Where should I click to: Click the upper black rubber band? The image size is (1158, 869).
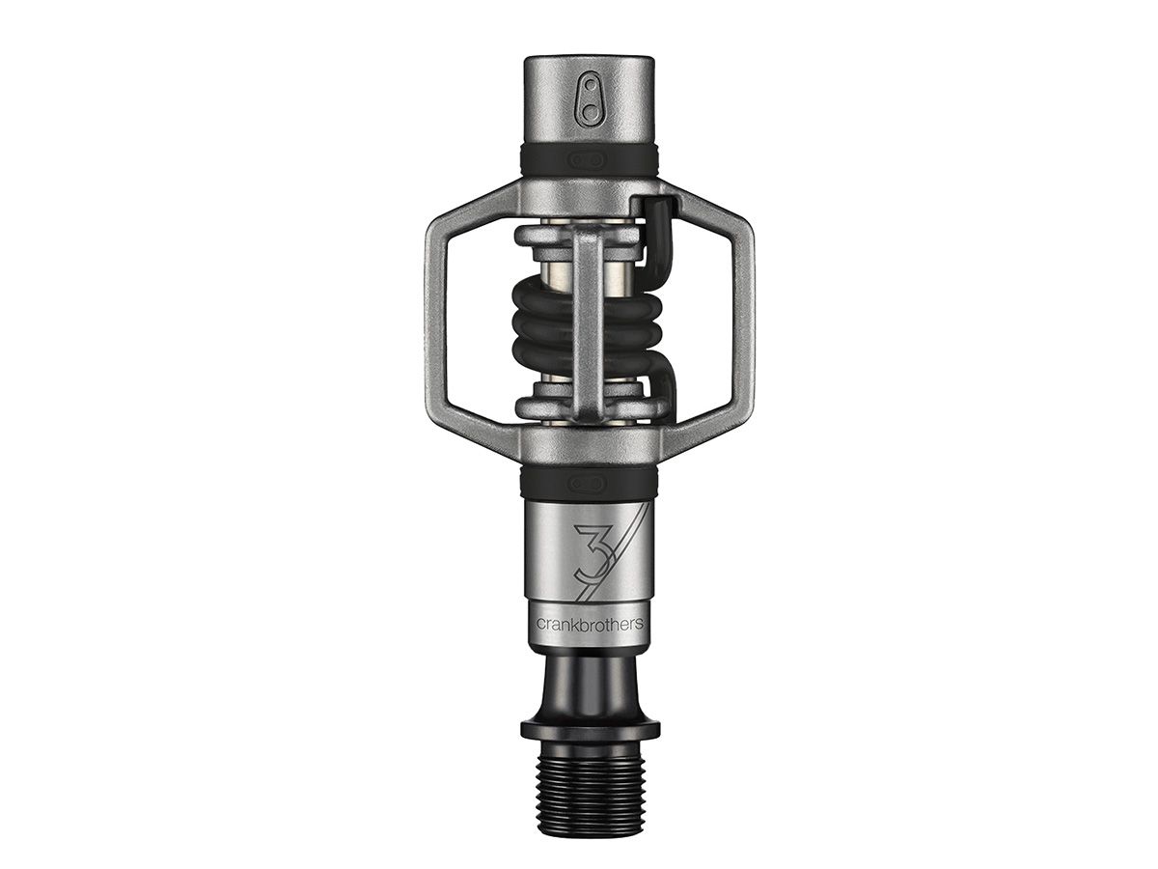click(590, 160)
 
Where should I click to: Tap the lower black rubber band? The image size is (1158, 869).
click(590, 481)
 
